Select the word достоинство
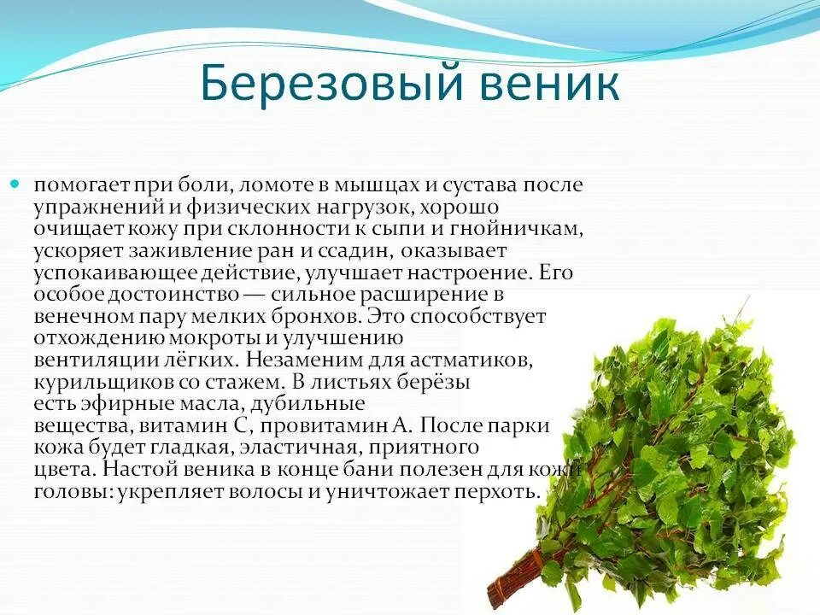coord(161,295)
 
